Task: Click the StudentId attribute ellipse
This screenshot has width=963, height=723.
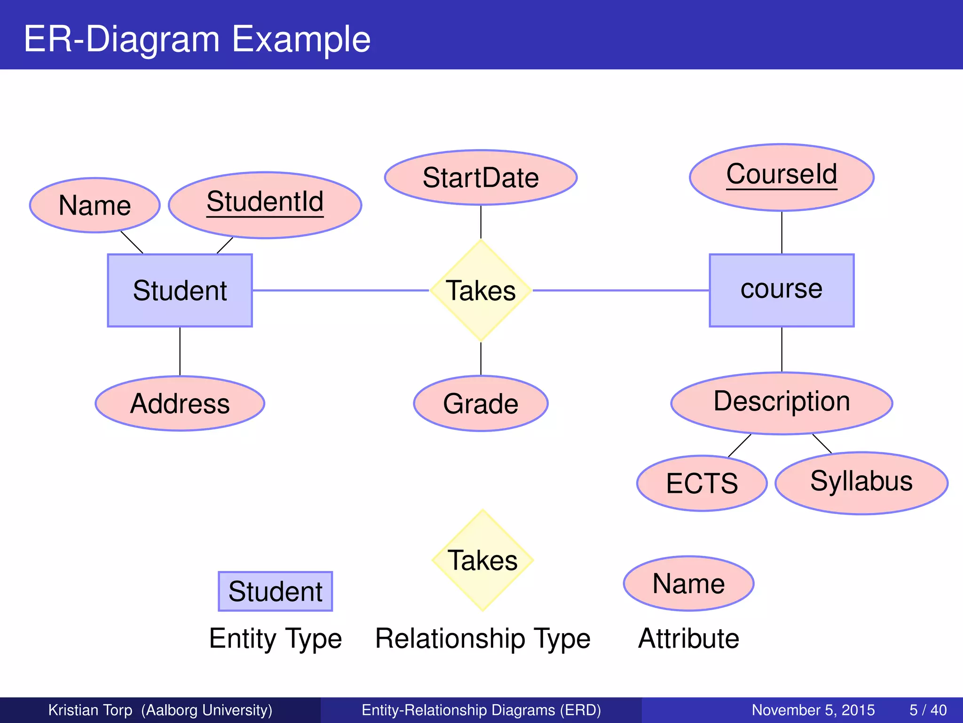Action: [x=265, y=205]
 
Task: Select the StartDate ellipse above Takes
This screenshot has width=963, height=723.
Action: [x=481, y=178]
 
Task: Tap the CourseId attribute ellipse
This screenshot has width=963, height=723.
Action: [x=781, y=177]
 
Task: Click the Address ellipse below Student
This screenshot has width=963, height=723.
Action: [x=180, y=403]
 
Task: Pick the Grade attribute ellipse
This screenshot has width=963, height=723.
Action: [x=481, y=403]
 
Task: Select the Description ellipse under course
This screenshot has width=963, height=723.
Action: [x=781, y=403]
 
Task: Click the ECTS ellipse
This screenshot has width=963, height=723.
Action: [x=702, y=483]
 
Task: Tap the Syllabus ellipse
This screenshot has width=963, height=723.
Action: [x=861, y=483]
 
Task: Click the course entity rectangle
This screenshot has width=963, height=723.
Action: [x=781, y=290]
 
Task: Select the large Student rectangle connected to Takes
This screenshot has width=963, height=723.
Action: [x=180, y=290]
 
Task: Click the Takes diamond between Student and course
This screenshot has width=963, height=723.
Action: [x=481, y=290]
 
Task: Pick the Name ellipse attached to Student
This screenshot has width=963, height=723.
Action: [x=95, y=205]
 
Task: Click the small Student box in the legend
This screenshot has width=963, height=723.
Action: [x=276, y=591]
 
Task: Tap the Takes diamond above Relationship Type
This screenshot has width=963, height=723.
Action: [x=482, y=560]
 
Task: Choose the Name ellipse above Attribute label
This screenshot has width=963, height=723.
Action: [x=689, y=584]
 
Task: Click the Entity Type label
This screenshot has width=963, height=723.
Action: [x=276, y=639]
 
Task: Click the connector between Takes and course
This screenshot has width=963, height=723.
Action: [x=621, y=290]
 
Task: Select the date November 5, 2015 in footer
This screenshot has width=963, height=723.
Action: [x=813, y=710]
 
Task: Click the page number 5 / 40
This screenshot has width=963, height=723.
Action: [x=928, y=710]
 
